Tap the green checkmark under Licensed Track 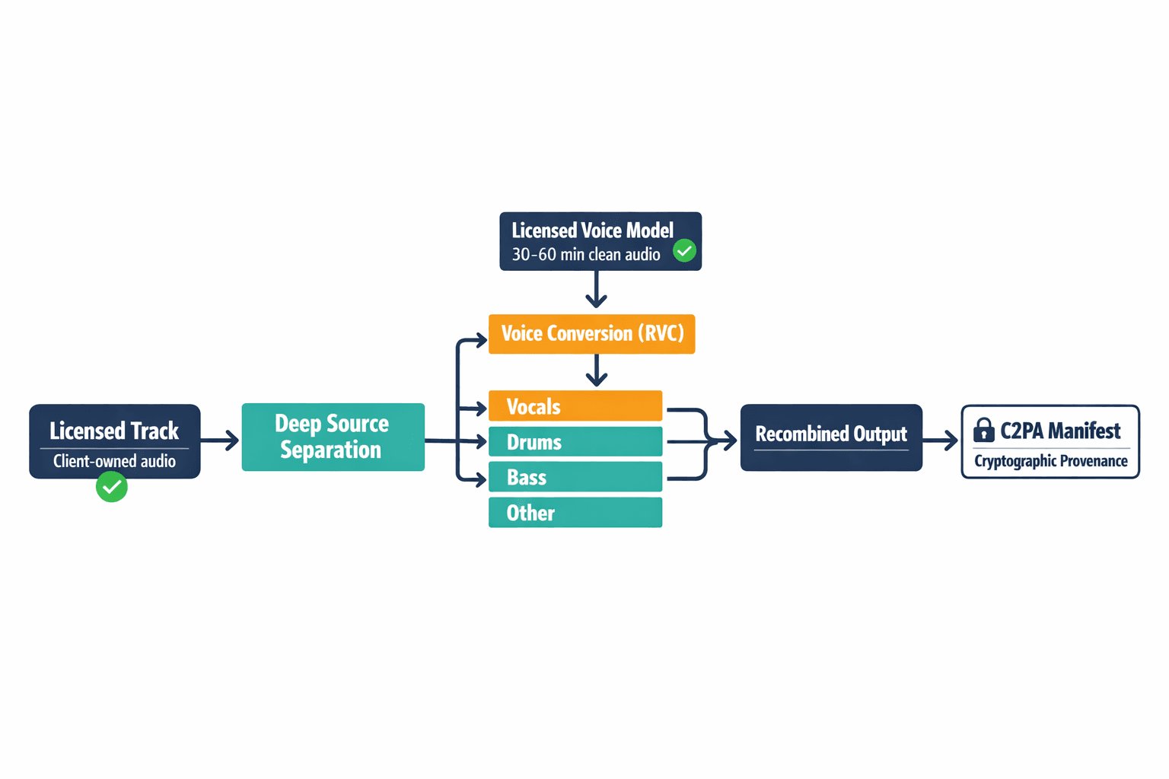click(112, 487)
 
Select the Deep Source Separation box click(333, 437)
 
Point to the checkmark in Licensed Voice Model click(684, 250)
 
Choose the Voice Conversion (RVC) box click(591, 334)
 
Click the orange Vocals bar click(575, 406)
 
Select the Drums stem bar click(575, 442)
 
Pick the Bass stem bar click(575, 477)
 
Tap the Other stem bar click(575, 513)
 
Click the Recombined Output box click(831, 437)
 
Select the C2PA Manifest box click(1050, 441)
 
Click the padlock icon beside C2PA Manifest click(983, 431)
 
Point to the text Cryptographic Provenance click(1050, 461)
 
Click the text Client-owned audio click(114, 461)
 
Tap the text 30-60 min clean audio click(585, 255)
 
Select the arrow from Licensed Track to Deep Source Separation click(220, 440)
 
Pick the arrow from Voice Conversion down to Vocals click(597, 370)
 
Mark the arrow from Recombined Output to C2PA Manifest click(941, 440)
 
